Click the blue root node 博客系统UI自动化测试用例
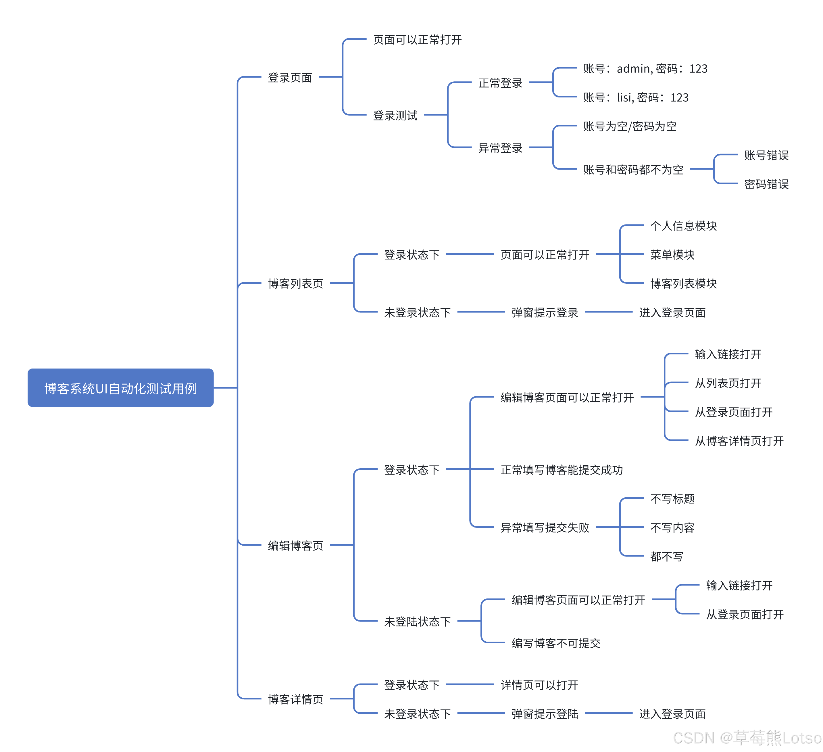120,388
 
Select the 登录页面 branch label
290,78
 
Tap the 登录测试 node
395,116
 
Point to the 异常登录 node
500,148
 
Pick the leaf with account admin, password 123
645,69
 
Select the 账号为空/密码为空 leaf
630,126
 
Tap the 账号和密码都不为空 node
633,170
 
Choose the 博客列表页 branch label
295,283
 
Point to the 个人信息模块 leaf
683,226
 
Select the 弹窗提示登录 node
545,313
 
